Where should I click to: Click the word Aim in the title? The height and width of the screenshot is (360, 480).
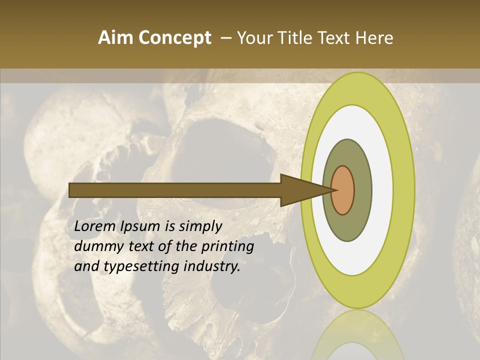[116, 38]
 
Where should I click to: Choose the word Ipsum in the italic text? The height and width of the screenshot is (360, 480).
[140, 227]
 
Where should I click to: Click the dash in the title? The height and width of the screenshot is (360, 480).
[225, 38]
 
